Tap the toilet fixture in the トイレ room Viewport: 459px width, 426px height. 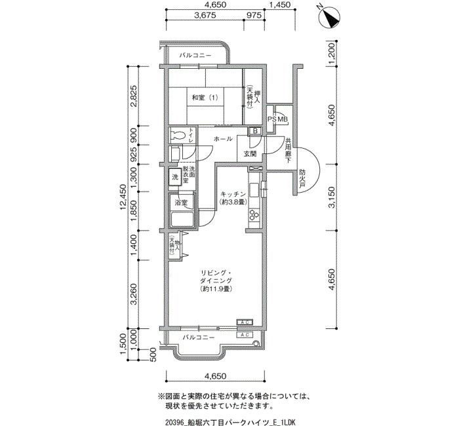point(178,134)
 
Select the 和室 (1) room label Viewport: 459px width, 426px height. point(205,98)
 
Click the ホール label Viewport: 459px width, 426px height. point(223,139)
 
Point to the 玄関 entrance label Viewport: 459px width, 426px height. point(250,153)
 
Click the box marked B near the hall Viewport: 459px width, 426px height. point(255,131)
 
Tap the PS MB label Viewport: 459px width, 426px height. point(278,119)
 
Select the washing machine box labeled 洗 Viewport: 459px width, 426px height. point(175,177)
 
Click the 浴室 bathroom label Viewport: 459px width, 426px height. point(181,203)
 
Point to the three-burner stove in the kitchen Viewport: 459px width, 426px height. point(254,215)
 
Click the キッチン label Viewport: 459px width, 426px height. point(233,194)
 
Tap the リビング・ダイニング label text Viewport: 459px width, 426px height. point(216,277)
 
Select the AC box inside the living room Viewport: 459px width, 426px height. point(245,322)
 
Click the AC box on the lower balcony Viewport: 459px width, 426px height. point(245,335)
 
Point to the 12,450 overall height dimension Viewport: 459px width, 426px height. point(123,197)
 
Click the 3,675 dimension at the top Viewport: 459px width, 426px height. point(205,15)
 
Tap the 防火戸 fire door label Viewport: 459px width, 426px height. point(302,178)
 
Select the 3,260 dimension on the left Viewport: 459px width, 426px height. point(134,294)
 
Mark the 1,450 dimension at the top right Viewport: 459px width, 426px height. point(279,5)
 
